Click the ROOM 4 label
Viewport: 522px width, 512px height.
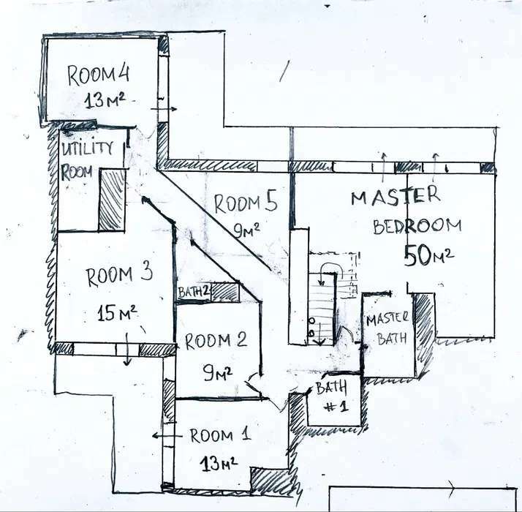(99, 75)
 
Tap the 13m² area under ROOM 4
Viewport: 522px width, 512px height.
(105, 100)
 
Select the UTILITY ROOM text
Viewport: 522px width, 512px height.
(87, 160)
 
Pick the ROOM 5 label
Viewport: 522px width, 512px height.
(246, 203)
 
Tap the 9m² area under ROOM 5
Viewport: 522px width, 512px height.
(246, 230)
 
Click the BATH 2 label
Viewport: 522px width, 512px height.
(194, 292)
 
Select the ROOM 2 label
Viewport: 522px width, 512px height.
(216, 340)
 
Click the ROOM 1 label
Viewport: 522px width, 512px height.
(220, 435)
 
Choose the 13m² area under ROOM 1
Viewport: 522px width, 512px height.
(219, 463)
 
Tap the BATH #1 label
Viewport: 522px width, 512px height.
(332, 396)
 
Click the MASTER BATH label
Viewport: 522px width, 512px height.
(387, 328)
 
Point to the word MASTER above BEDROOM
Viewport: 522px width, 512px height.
(396, 196)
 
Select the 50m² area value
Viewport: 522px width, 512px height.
(428, 255)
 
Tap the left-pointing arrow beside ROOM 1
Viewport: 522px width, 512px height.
(167, 435)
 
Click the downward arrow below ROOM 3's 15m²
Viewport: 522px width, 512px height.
(127, 349)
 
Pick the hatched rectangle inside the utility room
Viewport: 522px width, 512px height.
(113, 200)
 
